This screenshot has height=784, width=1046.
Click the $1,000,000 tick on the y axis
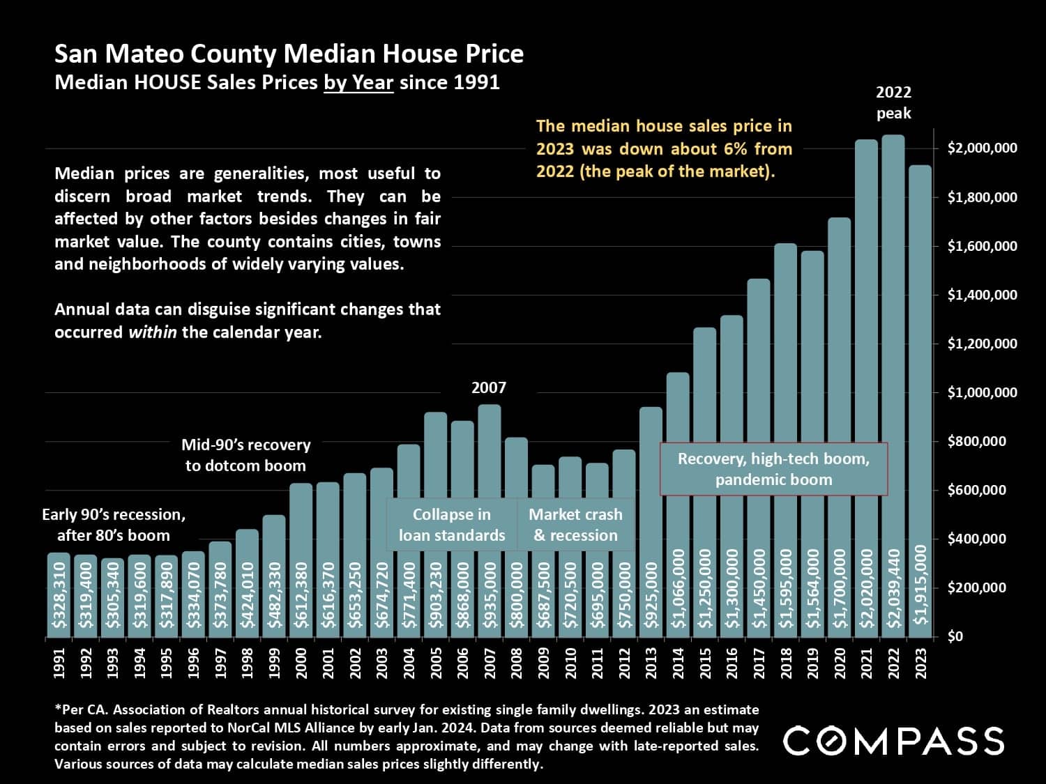click(x=982, y=392)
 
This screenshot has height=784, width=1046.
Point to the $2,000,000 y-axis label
click(x=982, y=148)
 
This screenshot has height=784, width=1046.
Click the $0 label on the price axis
click(x=955, y=636)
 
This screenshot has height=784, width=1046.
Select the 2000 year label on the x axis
click(x=301, y=663)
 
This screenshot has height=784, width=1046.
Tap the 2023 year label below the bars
click(x=920, y=663)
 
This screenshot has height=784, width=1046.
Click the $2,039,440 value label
click(x=893, y=587)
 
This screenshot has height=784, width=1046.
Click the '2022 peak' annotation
click(x=893, y=102)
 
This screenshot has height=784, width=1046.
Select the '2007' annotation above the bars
click(x=489, y=387)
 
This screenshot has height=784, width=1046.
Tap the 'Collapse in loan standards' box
click(x=452, y=525)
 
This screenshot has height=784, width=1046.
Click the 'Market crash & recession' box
click(x=575, y=525)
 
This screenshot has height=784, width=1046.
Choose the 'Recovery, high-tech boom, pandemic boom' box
click(x=773, y=469)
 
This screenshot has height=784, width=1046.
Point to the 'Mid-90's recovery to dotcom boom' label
click(x=245, y=455)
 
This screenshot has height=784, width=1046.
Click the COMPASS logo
click(x=893, y=740)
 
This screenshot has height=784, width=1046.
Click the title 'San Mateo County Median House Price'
click(x=289, y=54)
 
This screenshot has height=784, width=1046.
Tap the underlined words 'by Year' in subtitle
click(x=358, y=82)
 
